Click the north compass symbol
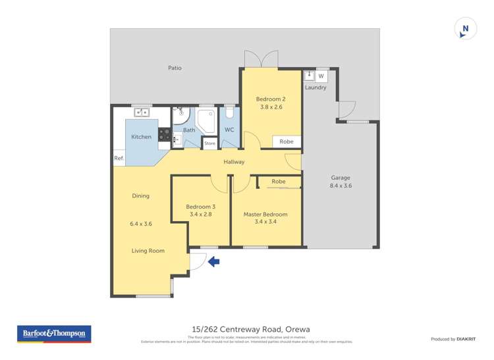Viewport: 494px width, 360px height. pyautogui.click(x=465, y=29)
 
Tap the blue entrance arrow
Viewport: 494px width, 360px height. pyautogui.click(x=214, y=262)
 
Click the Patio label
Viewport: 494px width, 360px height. pyautogui.click(x=175, y=68)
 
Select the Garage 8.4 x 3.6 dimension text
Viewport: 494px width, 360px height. pyautogui.click(x=341, y=186)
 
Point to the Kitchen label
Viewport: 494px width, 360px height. pyautogui.click(x=141, y=137)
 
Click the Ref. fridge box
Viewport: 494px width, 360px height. pyautogui.click(x=119, y=158)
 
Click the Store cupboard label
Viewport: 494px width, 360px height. pyautogui.click(x=209, y=143)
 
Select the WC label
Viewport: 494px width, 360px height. pyautogui.click(x=229, y=130)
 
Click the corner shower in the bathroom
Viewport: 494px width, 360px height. pyautogui.click(x=207, y=120)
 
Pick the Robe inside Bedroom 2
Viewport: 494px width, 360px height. pyautogui.click(x=287, y=141)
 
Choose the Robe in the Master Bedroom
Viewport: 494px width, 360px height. pyautogui.click(x=279, y=182)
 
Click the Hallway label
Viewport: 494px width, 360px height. pyautogui.click(x=234, y=162)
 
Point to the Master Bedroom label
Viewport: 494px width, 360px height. pyautogui.click(x=265, y=215)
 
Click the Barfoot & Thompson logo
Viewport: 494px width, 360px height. pyautogui.click(x=54, y=334)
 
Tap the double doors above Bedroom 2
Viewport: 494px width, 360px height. pyautogui.click(x=261, y=59)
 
